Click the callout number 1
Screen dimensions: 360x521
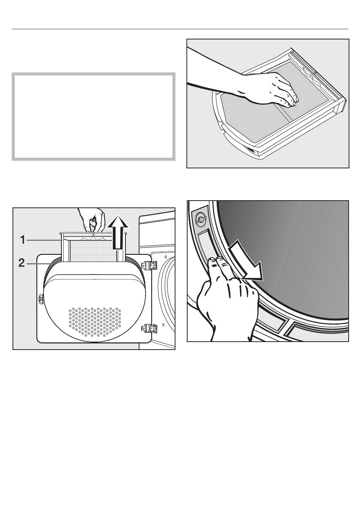(x=23, y=240)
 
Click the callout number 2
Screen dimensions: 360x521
(x=22, y=263)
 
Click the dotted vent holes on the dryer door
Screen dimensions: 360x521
(x=95, y=322)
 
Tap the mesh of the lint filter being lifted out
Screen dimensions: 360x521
(x=93, y=251)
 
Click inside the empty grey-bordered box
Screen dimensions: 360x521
(x=94, y=116)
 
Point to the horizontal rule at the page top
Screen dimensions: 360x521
(x=180, y=29)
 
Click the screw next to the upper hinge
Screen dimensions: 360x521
(x=165, y=257)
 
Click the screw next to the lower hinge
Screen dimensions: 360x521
(x=164, y=324)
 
